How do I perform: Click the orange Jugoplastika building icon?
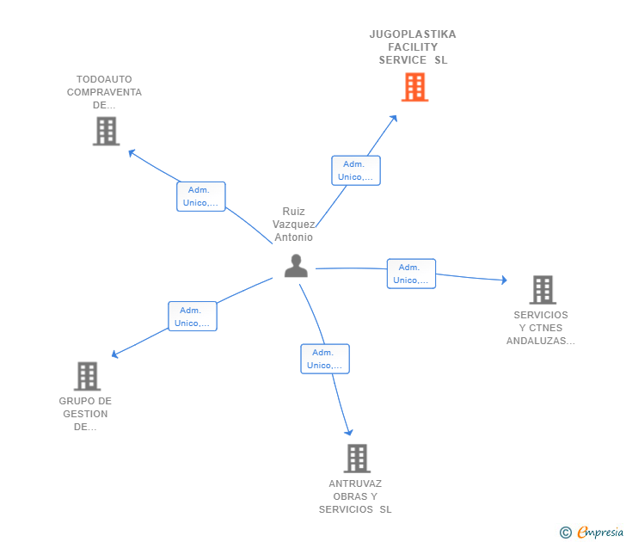414,87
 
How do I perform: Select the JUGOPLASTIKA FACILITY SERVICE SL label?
413,47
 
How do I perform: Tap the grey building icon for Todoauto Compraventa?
106,131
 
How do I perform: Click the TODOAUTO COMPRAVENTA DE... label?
104,92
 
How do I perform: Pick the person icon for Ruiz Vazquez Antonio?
296,266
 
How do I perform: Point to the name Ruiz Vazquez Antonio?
294,225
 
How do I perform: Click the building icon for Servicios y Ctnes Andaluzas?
543,290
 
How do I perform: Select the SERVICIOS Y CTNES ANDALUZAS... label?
542,328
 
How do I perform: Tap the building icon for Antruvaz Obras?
357,459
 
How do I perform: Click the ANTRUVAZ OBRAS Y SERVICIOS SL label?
355,496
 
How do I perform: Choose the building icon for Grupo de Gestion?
87,376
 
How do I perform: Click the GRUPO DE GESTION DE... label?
85,414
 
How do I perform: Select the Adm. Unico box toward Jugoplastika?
356,170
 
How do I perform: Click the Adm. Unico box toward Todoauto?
200,196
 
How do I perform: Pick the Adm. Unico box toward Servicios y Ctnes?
411,274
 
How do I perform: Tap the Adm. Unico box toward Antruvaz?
325,359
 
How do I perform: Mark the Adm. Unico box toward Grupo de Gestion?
193,317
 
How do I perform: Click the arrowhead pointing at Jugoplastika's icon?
394,118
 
